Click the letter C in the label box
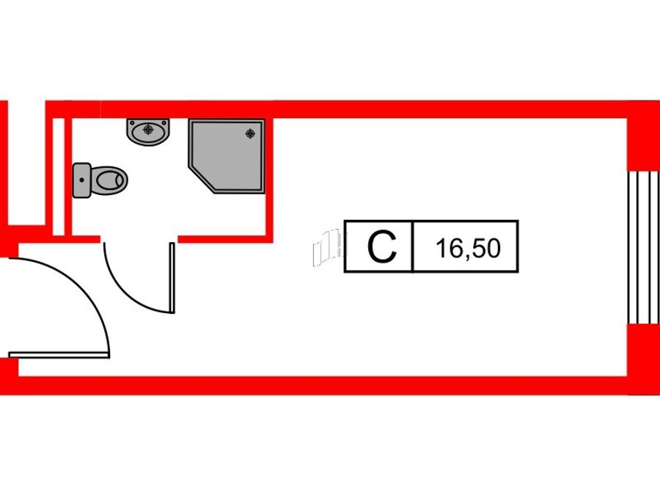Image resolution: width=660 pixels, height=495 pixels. (382, 247)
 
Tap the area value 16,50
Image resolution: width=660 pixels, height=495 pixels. (468, 248)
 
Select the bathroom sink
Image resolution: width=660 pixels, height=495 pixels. (148, 132)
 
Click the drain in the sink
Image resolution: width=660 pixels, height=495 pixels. (148, 129)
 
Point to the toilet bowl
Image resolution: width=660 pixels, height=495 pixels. (109, 180)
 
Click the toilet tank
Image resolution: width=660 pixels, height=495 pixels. (81, 180)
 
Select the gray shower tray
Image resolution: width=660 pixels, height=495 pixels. (227, 155)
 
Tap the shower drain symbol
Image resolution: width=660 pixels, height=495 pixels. (251, 133)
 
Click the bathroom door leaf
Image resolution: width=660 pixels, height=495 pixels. (172, 278)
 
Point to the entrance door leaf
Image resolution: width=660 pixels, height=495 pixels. (59, 355)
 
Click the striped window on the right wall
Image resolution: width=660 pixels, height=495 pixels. (644, 247)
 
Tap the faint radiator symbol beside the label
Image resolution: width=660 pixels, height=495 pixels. (328, 247)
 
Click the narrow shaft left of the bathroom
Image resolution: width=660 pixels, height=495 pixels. (59, 177)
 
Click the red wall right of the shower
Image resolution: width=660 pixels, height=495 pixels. (269, 181)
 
